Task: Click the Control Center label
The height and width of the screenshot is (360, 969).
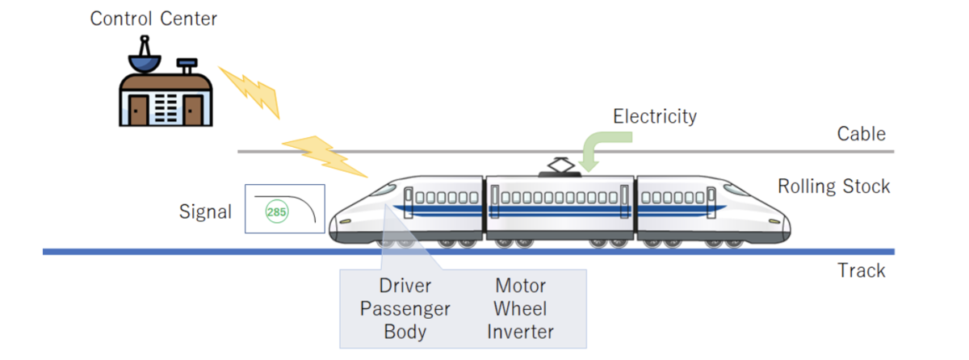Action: pyautogui.click(x=153, y=19)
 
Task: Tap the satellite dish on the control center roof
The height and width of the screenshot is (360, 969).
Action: pyautogui.click(x=145, y=56)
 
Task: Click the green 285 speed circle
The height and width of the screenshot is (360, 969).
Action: pyautogui.click(x=277, y=213)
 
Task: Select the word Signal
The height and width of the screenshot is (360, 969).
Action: pyautogui.click(x=205, y=212)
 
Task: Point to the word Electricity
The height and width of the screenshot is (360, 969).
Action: pyautogui.click(x=654, y=116)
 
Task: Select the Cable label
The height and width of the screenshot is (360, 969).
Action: pyautogui.click(x=862, y=134)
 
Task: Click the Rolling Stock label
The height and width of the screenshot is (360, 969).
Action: pyautogui.click(x=833, y=186)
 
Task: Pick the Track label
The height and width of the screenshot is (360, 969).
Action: pyautogui.click(x=861, y=270)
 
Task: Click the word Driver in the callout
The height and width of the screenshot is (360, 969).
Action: pyautogui.click(x=405, y=286)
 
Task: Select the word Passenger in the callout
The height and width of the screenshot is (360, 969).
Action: pyautogui.click(x=405, y=308)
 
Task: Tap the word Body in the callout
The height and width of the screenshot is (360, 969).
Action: pyautogui.click(x=405, y=331)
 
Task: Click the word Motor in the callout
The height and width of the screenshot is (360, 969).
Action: pyautogui.click(x=521, y=286)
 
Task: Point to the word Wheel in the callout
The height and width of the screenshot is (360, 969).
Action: pyautogui.click(x=521, y=308)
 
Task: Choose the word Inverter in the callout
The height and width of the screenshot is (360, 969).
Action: pyautogui.click(x=521, y=331)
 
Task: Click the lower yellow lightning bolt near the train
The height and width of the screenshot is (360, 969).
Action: pyautogui.click(x=323, y=156)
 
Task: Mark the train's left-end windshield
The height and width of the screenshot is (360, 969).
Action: pyautogui.click(x=384, y=190)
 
